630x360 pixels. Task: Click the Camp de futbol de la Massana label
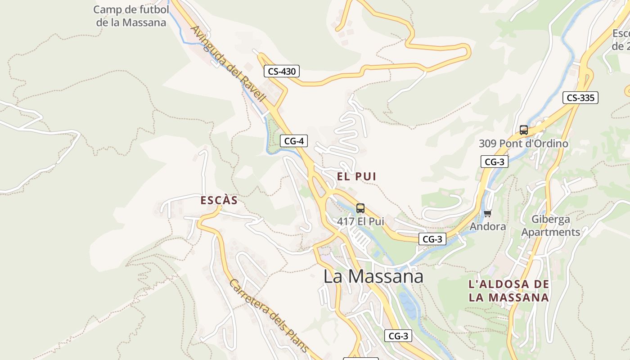pos(131,16)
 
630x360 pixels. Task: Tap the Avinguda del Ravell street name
pos(229,63)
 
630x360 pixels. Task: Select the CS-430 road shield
pos(281,71)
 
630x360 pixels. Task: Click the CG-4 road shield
pos(293,141)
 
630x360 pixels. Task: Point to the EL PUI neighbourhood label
pos(356,176)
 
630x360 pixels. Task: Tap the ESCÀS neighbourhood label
pos(219,201)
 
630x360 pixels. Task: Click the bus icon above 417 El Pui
pos(360,208)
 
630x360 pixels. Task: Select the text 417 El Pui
pos(360,221)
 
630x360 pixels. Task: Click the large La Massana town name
pos(373,276)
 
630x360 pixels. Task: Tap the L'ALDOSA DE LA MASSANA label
pos(508,291)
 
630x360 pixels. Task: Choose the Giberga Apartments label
pos(551,226)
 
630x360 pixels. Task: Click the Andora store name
pos(487,226)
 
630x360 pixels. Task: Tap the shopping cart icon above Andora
pos(487,214)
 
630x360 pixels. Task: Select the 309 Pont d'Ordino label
pos(523,144)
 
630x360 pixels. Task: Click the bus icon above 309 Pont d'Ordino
pos(523,130)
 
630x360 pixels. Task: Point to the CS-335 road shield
pos(580,98)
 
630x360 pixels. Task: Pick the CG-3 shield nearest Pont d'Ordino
pos(494,162)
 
